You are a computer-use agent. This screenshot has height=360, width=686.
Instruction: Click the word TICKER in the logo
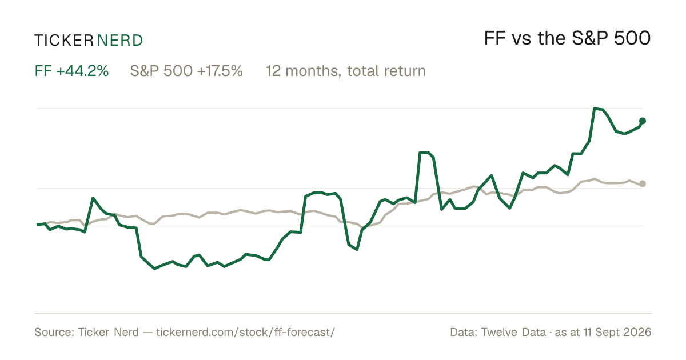pos(64,41)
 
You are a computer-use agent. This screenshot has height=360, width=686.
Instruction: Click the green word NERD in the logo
pos(120,41)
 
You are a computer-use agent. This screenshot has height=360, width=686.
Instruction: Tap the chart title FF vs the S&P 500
pos(567,38)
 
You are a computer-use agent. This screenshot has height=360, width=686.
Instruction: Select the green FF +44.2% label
pos(71,71)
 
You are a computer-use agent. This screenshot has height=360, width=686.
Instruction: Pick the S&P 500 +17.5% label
pos(186,71)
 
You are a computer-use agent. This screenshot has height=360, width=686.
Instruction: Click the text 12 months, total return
pos(346,71)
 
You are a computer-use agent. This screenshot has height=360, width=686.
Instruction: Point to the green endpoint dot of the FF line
pos(643,121)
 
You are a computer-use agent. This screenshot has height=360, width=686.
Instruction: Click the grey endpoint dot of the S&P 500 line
pos(643,183)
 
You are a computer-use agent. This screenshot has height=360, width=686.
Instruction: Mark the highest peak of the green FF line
pos(595,109)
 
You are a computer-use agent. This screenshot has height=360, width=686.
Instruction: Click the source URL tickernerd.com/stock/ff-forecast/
pos(246,332)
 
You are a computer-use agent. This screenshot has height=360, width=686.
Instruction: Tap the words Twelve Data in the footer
pos(513,332)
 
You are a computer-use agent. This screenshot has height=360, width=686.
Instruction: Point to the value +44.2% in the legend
pos(82,71)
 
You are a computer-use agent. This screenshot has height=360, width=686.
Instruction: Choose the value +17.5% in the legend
pos(220,71)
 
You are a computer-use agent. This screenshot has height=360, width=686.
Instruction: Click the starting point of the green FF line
pos(37,225)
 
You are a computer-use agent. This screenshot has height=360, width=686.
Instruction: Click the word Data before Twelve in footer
pos(464,332)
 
